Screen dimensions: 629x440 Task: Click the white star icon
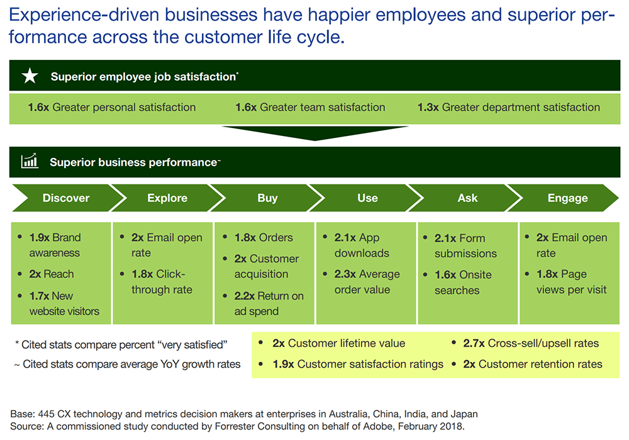point(30,76)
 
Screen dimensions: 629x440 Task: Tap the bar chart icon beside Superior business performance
point(30,161)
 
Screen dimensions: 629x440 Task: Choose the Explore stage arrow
point(167,198)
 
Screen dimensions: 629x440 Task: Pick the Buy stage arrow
point(267,198)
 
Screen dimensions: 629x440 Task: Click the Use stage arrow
point(367,198)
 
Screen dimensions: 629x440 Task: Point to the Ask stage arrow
point(467,198)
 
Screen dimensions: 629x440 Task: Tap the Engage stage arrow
point(567,198)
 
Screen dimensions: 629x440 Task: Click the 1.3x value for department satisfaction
point(428,107)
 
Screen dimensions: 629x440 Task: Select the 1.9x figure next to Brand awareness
point(39,238)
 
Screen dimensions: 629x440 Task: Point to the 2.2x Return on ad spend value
point(244,296)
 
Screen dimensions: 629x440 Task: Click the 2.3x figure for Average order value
point(345,274)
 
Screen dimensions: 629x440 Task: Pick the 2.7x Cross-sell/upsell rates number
point(474,343)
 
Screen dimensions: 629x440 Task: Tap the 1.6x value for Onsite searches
point(445,274)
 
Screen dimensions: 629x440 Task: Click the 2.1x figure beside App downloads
point(345,238)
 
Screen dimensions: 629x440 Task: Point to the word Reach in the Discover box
point(58,274)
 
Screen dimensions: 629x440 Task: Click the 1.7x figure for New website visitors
point(39,296)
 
